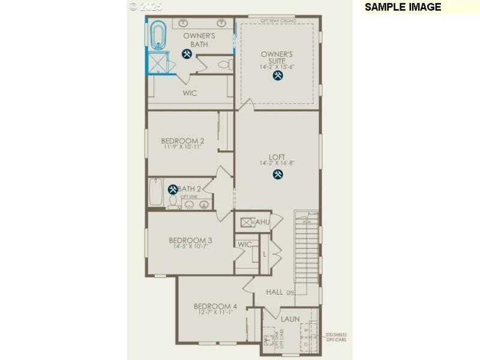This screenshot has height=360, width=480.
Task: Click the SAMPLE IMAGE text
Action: click(403, 7)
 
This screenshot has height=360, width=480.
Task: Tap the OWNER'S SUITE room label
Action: click(277, 58)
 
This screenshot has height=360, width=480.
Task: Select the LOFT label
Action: click(277, 157)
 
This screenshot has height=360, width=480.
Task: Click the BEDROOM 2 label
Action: click(182, 141)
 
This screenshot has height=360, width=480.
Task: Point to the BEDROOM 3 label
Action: click(190, 240)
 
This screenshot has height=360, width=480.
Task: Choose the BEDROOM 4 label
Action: click(215, 306)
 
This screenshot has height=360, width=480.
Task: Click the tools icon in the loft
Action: click(277, 174)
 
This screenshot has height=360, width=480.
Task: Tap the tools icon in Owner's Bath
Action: click(187, 54)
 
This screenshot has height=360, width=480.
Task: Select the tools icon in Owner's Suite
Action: click(277, 76)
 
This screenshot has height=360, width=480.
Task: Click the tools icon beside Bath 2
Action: click(173, 189)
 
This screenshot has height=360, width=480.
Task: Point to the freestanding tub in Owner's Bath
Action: click(158, 35)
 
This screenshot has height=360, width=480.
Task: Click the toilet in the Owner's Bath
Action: click(224, 64)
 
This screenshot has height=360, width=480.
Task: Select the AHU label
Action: click(263, 222)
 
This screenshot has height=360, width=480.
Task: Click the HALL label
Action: click(274, 292)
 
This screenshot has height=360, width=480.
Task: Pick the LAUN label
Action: click(290, 319)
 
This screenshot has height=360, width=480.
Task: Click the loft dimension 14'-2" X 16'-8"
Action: click(277, 163)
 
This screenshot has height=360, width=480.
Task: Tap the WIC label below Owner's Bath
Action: click(190, 93)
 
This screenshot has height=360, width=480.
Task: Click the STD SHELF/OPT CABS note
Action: click(336, 337)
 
